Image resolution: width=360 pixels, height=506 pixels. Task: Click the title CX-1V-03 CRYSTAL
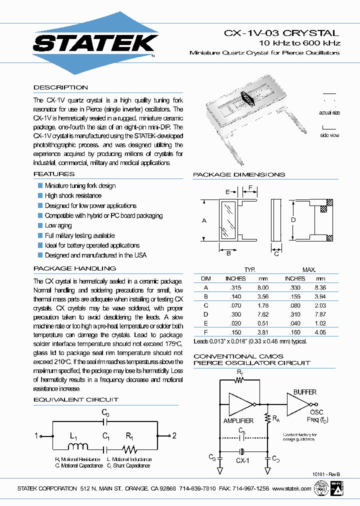[x=281, y=33]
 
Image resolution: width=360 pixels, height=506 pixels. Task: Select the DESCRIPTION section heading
[x=60, y=87]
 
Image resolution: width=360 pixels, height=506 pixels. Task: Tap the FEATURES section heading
[x=54, y=174]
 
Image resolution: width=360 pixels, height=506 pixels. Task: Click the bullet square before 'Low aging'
[x=40, y=225]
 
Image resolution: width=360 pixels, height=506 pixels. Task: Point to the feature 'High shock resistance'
[x=73, y=195]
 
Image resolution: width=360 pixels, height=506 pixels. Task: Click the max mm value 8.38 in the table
[x=320, y=287]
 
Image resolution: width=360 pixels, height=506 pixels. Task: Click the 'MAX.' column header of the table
[x=309, y=269]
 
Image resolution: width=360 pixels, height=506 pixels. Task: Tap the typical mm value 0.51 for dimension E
[x=263, y=323]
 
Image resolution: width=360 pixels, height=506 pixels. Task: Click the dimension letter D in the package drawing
[x=293, y=219]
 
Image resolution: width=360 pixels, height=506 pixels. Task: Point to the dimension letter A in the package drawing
[x=204, y=220]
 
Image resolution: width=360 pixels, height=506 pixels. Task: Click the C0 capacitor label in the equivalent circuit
[x=105, y=412]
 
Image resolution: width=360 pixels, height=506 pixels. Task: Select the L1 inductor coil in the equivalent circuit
[x=78, y=446]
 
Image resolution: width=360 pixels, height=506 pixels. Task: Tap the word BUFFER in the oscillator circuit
[x=305, y=392]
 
